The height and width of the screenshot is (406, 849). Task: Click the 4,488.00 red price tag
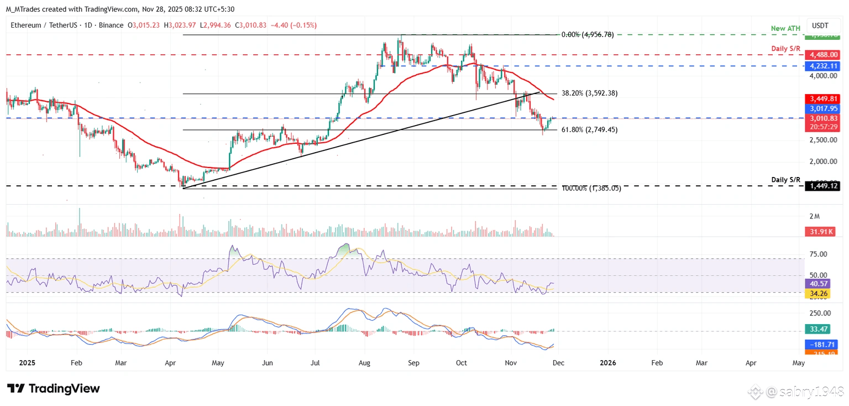click(822, 55)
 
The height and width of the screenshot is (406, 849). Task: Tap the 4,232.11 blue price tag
click(822, 66)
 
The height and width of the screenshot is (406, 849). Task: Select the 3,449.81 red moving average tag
click(822, 99)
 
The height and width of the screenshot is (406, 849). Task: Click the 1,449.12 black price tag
click(822, 186)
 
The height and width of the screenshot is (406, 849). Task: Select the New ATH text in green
click(786, 28)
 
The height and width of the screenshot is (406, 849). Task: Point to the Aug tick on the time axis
click(364, 363)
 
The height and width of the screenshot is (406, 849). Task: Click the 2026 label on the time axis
click(608, 363)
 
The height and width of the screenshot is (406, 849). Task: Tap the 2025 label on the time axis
click(27, 363)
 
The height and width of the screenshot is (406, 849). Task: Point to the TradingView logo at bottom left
click(54, 388)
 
